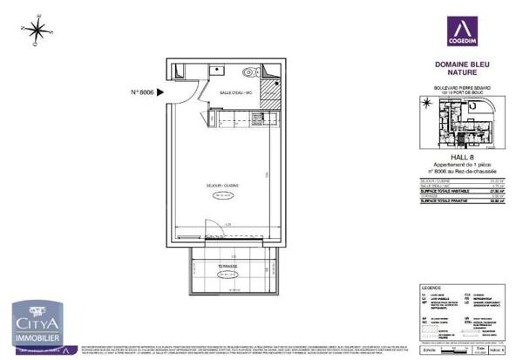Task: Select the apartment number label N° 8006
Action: tap(146, 91)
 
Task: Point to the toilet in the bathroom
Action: tap(252, 74)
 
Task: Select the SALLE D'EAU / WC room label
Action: tap(236, 92)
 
